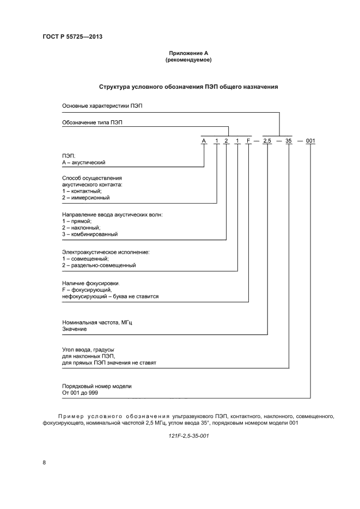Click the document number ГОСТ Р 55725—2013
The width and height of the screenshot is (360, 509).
point(72,37)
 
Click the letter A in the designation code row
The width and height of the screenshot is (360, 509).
point(204,141)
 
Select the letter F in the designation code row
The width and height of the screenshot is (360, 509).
point(249,141)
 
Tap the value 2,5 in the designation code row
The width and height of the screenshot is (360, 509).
point(267,141)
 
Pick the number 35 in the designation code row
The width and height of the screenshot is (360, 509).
point(289,141)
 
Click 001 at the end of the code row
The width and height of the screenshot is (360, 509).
point(310,141)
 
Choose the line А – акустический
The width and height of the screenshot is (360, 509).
point(84,162)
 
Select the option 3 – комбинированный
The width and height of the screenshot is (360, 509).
point(90,235)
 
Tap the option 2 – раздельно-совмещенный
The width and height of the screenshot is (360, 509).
point(99,265)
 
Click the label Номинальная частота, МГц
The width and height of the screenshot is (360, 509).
point(97,323)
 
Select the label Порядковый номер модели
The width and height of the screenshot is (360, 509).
point(97,386)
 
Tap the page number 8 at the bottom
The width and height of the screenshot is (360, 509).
point(44,462)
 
